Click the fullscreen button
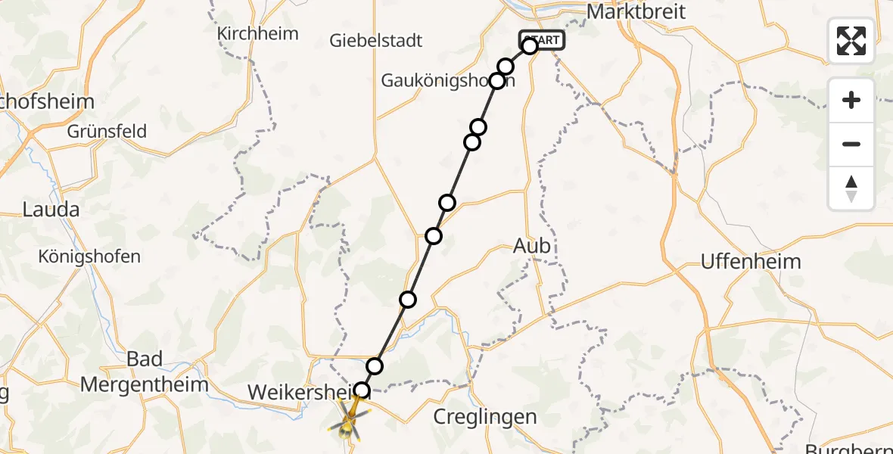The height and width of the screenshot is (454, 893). [851, 41]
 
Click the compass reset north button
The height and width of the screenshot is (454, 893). [851, 188]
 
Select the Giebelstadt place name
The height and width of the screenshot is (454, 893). [376, 40]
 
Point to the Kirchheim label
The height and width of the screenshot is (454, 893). [257, 33]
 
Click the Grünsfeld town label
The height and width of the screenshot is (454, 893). [107, 131]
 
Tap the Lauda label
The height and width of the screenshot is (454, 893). [51, 210]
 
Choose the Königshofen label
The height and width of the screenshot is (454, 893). [89, 257]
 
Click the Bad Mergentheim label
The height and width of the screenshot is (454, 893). [144, 372]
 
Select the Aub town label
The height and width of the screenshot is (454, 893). [532, 246]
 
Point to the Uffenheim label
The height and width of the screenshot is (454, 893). [751, 262]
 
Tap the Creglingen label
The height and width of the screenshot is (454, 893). [485, 416]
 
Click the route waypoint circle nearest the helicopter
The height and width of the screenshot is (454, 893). [362, 390]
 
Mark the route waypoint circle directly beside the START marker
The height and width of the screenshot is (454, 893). [530, 46]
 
